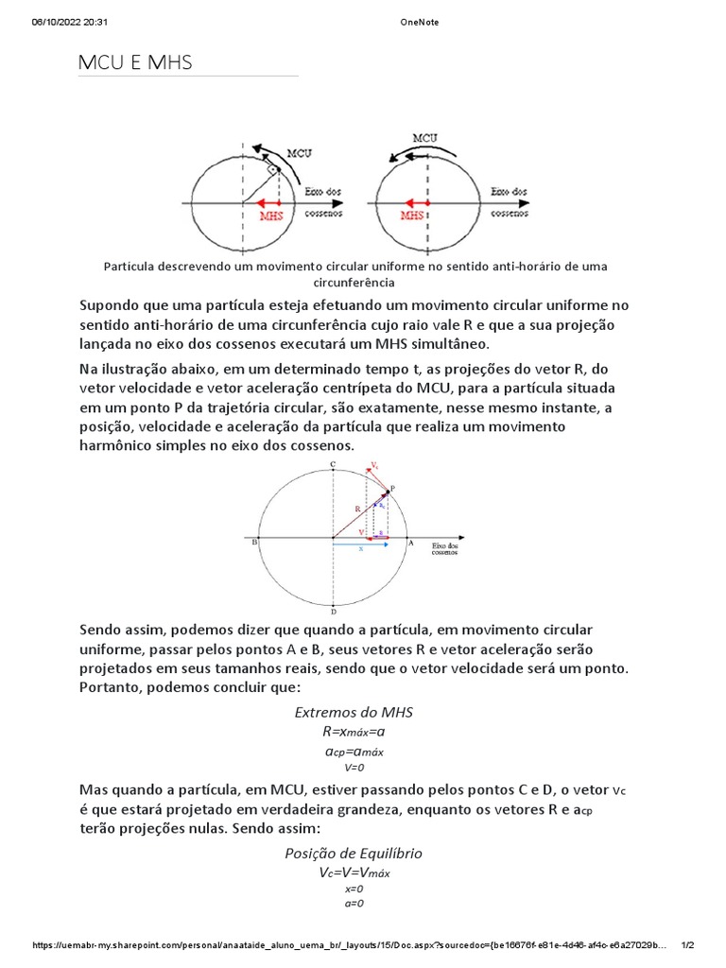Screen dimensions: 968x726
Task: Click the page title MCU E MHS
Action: tap(134, 63)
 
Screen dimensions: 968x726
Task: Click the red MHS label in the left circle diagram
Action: tap(270, 215)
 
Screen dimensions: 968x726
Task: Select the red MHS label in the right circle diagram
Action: tap(411, 215)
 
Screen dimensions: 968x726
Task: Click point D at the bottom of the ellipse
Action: tap(332, 613)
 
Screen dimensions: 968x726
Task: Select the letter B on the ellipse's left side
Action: tap(253, 543)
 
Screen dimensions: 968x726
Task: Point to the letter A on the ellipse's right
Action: tap(410, 543)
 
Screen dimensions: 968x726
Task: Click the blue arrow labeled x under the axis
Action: tap(360, 546)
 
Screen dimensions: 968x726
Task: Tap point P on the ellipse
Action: tap(392, 488)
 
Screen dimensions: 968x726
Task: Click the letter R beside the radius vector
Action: tap(357, 509)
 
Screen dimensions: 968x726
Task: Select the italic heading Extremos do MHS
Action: tap(354, 711)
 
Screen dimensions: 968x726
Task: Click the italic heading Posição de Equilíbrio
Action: tap(354, 853)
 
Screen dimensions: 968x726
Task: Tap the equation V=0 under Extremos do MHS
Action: tap(354, 768)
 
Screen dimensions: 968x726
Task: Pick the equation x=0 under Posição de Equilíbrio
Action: tap(354, 889)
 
